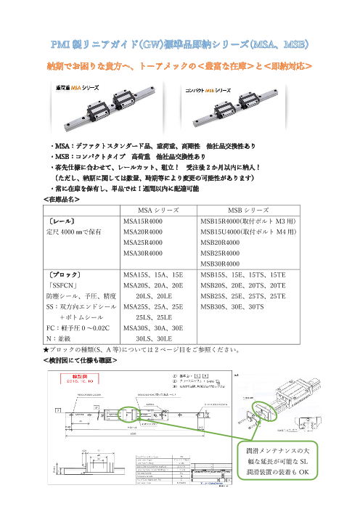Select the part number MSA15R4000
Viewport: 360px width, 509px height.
[144, 221]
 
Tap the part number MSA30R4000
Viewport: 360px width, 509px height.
[144, 253]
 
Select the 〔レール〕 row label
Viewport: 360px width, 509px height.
[62, 221]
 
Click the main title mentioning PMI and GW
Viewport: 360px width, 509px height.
[180, 45]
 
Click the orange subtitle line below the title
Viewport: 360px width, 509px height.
[180, 67]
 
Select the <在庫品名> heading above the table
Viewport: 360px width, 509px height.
[62, 198]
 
